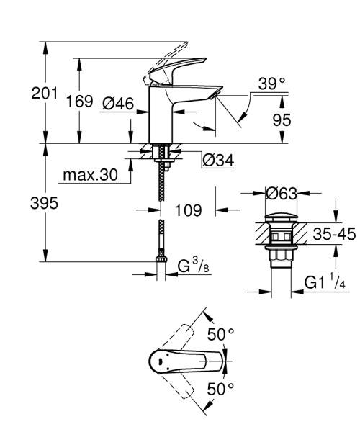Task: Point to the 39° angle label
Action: (272, 84)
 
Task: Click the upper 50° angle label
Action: (221, 334)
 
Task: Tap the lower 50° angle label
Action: (221, 389)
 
